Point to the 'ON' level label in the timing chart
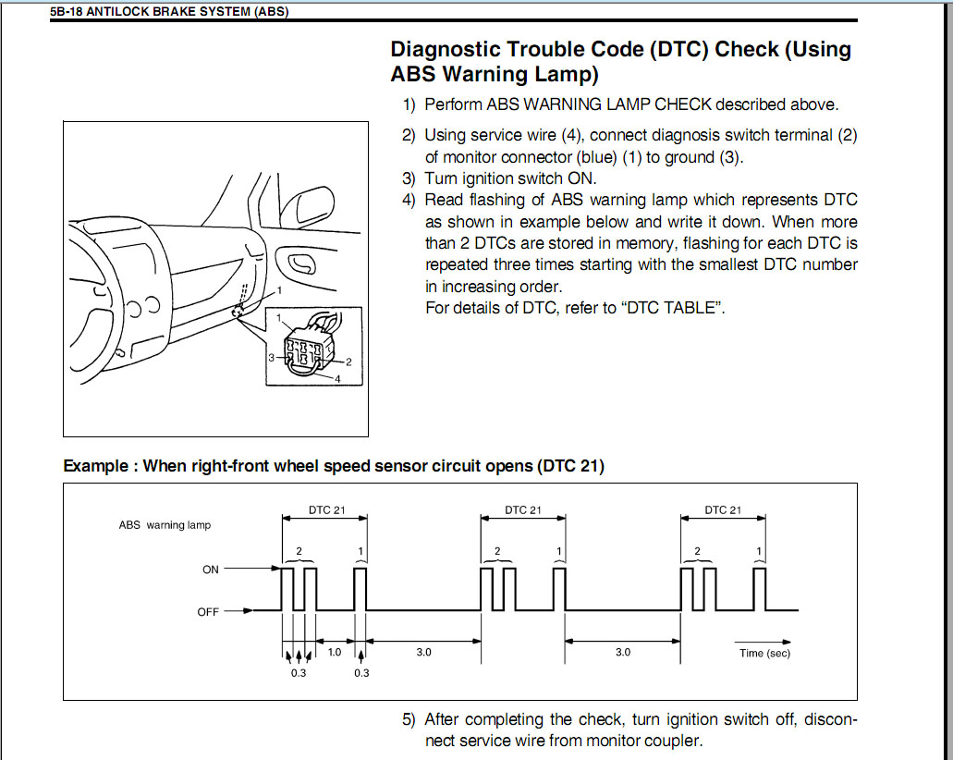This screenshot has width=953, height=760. pos(211,570)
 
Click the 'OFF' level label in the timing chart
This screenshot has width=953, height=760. pos(208,611)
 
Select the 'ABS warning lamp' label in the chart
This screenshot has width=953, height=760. pos(165,525)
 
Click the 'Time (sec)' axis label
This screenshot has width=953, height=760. pos(764,653)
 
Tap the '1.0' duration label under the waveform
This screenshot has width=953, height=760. pos(335,652)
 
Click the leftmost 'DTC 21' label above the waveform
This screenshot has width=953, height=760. pos(326,509)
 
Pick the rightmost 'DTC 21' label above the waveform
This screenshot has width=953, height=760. pos(723,509)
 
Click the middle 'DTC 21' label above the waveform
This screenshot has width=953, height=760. pos(523,509)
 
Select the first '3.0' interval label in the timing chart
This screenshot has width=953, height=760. pos(423,652)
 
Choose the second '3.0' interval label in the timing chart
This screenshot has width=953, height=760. pos(623,652)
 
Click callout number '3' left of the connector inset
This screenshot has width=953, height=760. pos(272,356)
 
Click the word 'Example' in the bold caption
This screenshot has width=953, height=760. pos(95,466)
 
